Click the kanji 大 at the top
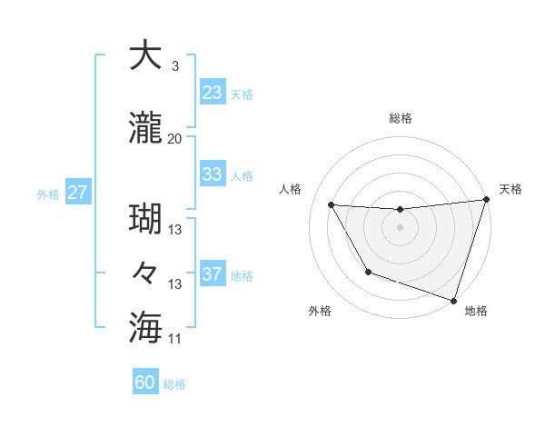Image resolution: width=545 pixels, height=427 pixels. coord(145,56)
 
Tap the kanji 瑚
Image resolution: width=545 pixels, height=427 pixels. coord(145,219)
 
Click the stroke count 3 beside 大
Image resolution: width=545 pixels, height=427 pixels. coord(174,66)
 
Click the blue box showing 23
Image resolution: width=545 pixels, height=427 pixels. coord(212,93)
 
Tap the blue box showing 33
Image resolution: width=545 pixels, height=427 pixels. coord(212,174)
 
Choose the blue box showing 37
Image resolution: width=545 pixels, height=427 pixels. coord(212,274)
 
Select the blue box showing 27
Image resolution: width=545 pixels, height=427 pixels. coord(77,193)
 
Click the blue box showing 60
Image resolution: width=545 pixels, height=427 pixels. coord(145,382)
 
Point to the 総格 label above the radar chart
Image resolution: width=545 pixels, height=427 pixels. coord(400,118)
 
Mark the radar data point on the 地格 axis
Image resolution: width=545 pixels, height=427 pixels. coord(453,299)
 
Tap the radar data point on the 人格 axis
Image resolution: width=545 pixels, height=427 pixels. coord(332,205)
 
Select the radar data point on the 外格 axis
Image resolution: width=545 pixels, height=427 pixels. coord(368,272)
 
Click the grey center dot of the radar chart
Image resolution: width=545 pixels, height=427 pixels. coord(400,228)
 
